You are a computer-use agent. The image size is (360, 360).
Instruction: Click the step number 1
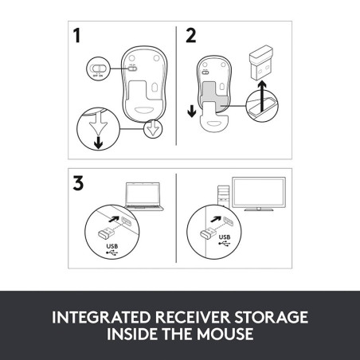click(x=77, y=36)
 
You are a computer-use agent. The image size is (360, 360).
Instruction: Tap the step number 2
click(x=191, y=36)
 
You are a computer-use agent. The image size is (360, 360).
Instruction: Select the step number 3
click(x=78, y=183)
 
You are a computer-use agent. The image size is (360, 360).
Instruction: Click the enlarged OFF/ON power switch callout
click(x=98, y=68)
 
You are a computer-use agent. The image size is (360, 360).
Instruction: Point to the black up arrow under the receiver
click(x=262, y=96)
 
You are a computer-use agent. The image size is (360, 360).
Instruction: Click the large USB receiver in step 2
click(x=261, y=63)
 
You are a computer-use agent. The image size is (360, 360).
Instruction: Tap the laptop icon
click(x=144, y=197)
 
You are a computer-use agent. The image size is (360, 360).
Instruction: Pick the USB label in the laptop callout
click(x=112, y=246)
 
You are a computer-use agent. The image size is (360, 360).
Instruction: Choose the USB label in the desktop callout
click(x=225, y=237)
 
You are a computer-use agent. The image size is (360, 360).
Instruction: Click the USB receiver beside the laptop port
click(x=106, y=233)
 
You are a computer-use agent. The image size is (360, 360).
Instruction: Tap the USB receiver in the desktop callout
click(x=209, y=233)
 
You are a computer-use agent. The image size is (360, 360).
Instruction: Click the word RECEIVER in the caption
click(x=193, y=317)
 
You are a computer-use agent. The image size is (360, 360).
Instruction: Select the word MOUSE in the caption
click(x=225, y=334)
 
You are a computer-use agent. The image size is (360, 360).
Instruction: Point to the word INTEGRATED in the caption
click(x=101, y=317)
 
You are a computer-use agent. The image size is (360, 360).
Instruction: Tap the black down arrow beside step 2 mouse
click(x=192, y=111)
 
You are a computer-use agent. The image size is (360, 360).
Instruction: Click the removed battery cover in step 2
click(x=214, y=119)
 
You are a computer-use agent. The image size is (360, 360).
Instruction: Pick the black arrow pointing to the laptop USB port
click(x=114, y=219)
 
